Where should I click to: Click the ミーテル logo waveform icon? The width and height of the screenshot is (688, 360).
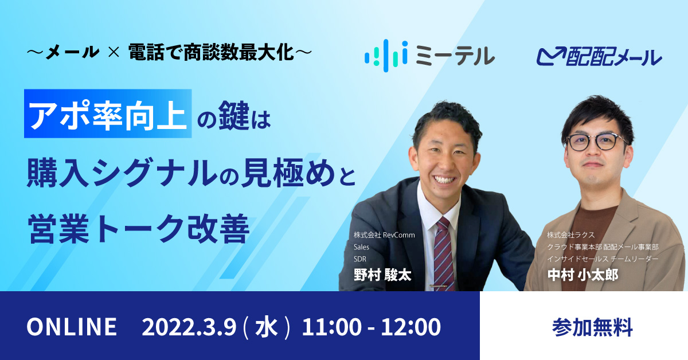tap(386, 56)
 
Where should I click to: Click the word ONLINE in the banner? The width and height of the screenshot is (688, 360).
tap(72, 327)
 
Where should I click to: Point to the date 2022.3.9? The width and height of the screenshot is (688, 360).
tap(189, 327)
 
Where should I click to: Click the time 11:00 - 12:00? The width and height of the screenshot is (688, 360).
tap(372, 327)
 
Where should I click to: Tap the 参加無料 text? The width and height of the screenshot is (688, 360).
tap(592, 327)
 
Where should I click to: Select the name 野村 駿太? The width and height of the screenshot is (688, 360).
tap(382, 275)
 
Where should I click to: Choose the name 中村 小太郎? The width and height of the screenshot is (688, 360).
tap(583, 275)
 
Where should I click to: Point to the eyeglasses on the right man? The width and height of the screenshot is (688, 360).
tap(596, 142)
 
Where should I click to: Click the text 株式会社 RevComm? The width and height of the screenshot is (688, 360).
tap(384, 235)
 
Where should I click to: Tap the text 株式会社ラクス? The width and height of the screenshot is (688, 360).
tap(570, 235)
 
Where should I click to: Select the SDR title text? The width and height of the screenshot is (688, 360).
tap(359, 259)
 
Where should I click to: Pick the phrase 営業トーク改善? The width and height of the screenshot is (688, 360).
tap(139, 228)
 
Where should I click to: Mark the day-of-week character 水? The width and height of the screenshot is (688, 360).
tap(266, 327)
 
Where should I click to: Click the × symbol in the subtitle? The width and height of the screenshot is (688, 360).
tap(114, 53)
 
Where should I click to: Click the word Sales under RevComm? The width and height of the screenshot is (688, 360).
tap(361, 247)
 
